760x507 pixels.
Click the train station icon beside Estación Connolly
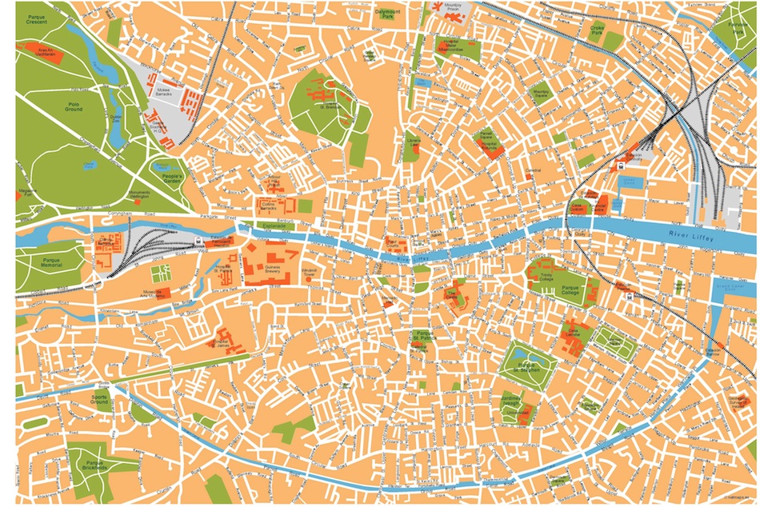tap(621, 166)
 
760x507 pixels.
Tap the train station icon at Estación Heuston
tap(198, 242)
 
